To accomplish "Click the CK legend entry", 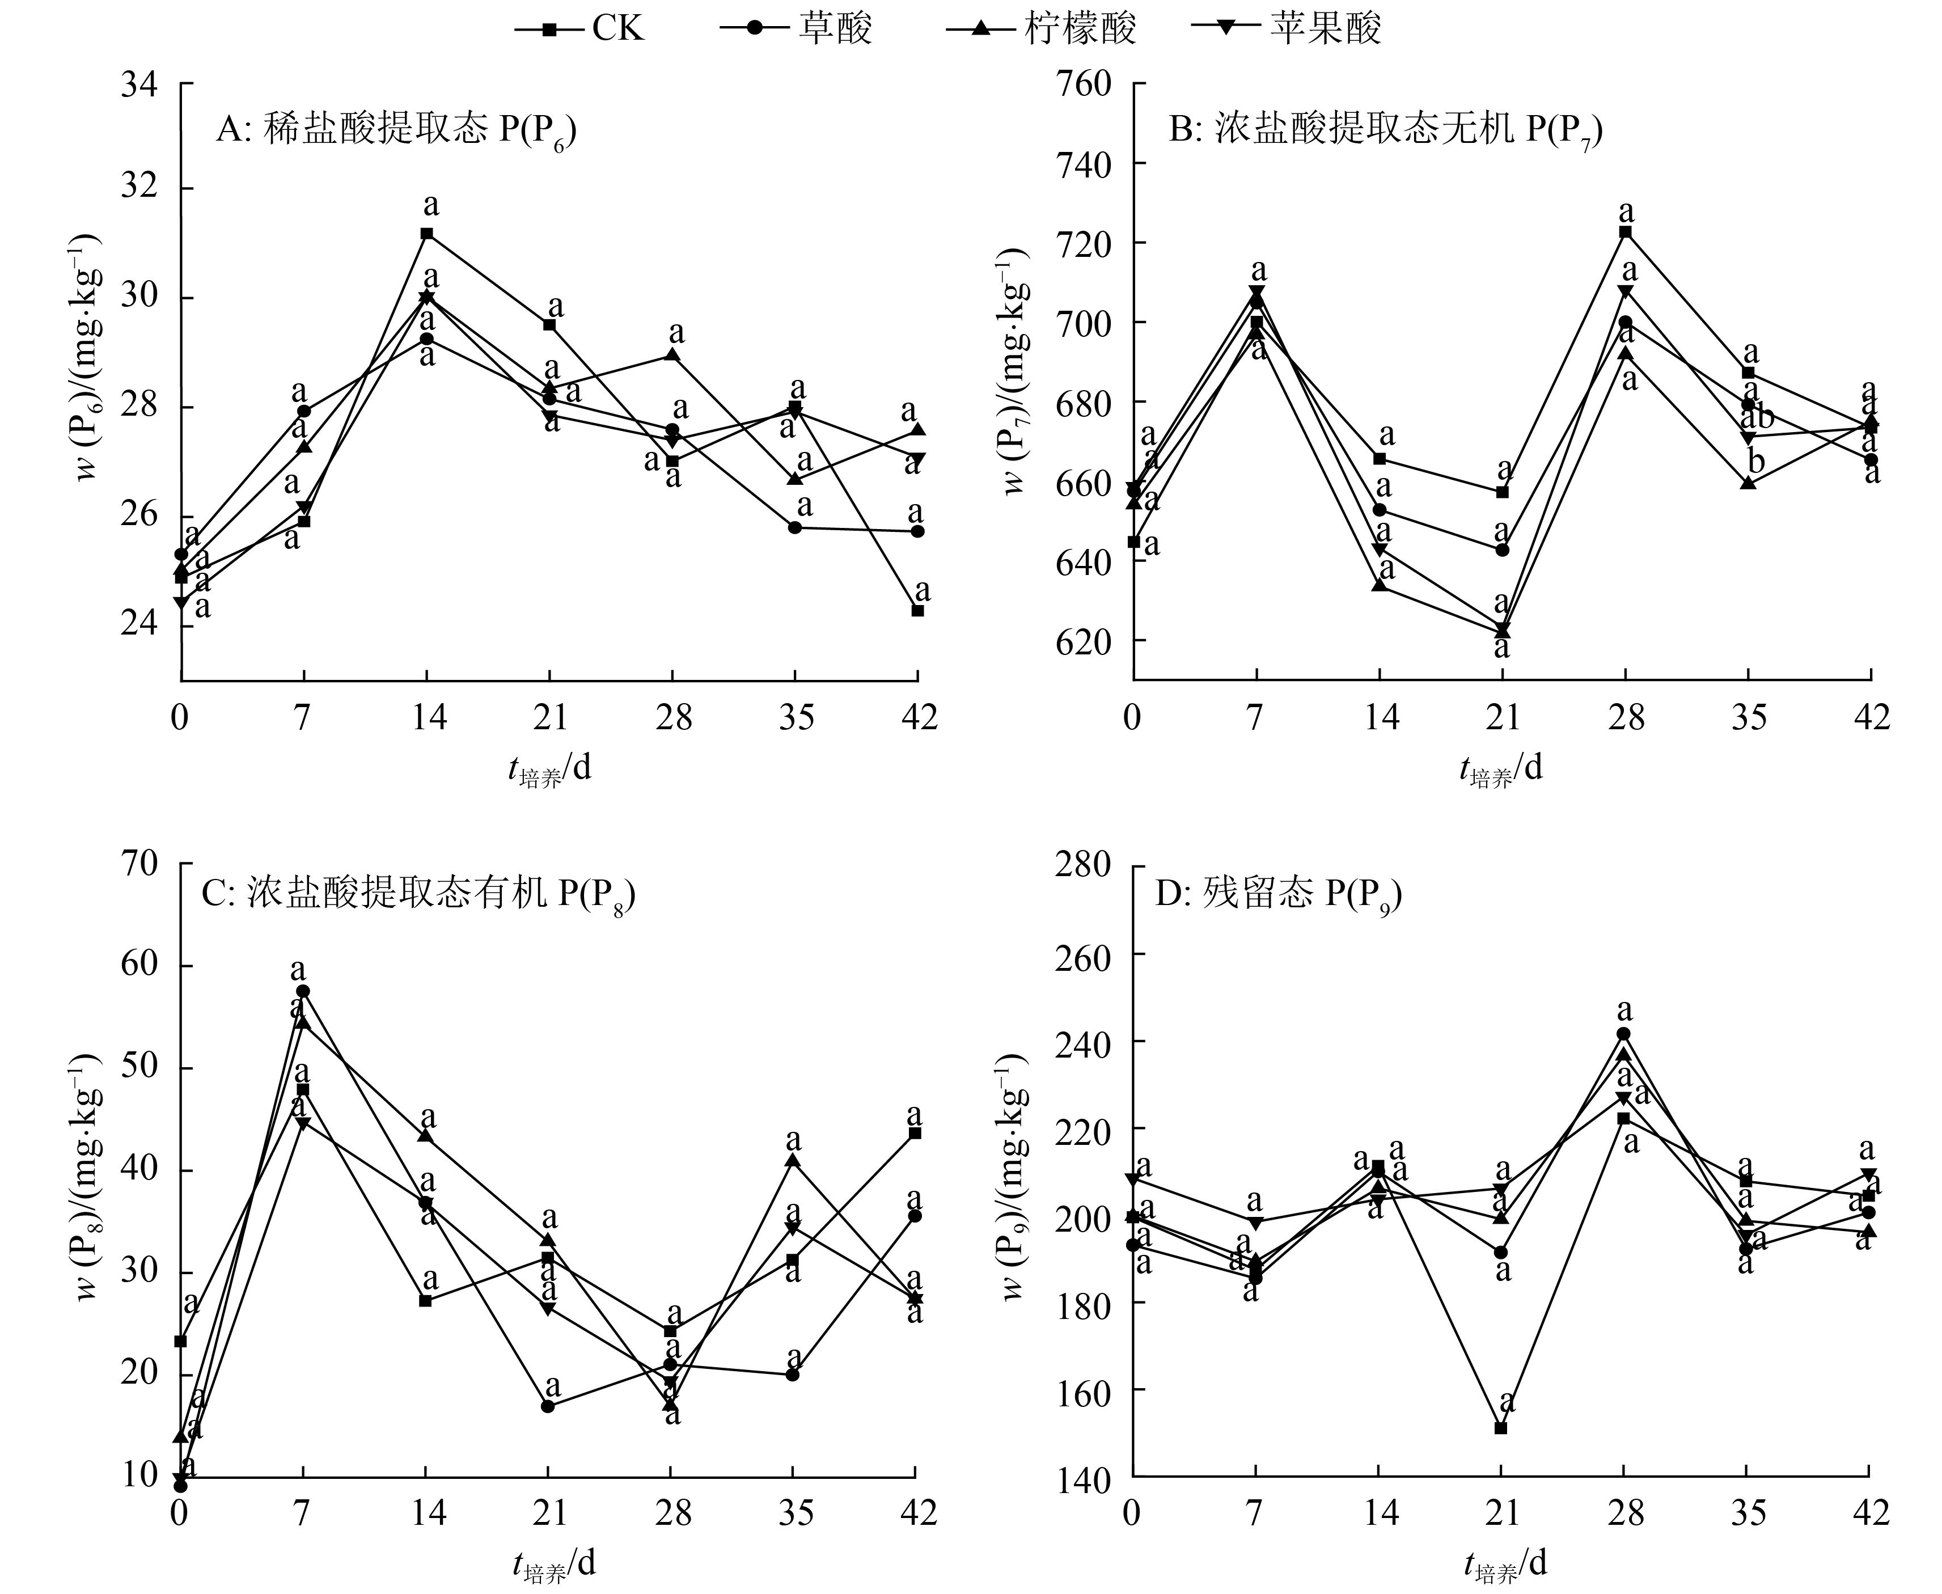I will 580,28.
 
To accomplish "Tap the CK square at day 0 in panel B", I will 1134,542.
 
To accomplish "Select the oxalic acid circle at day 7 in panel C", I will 303,991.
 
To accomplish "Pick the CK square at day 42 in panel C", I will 915,1133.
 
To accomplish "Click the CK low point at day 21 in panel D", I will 1500,1428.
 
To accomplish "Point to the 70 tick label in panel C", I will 139,864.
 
